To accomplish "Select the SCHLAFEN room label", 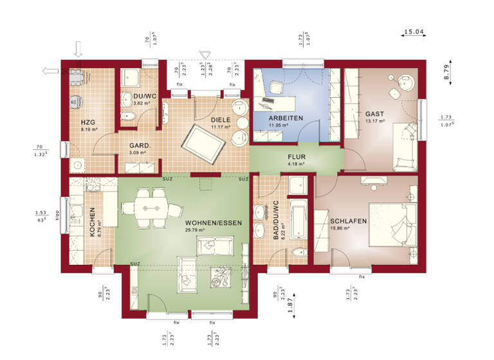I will point(349,221).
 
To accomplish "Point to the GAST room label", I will point(374,113).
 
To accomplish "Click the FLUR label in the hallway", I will point(297,156).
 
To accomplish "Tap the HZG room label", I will point(88,122).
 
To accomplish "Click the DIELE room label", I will point(220,120).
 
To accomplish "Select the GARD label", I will point(138,145).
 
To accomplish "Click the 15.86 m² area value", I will point(339,228).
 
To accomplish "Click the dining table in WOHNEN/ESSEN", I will point(153,208).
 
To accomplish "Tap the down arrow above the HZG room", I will point(78,49).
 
